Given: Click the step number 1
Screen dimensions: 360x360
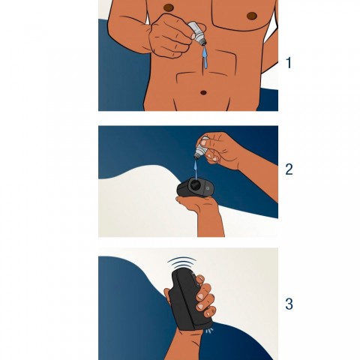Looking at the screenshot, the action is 289,63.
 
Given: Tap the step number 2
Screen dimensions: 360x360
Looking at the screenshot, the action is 289,169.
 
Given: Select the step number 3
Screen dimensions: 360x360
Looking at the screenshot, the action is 289,304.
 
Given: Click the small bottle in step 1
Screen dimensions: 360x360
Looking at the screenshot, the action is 196,34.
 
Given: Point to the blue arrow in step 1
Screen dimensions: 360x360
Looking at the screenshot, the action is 205,58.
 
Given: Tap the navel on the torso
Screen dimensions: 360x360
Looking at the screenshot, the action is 204,92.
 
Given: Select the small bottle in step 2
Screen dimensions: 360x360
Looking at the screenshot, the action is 201,148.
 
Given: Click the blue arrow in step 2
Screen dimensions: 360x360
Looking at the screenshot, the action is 196,170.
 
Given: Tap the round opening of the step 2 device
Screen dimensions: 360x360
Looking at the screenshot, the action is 194,184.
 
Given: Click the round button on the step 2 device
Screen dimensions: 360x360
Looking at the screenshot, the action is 208,188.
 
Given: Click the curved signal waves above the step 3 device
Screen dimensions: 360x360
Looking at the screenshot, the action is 182,261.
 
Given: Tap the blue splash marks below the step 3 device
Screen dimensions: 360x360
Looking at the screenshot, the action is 209,331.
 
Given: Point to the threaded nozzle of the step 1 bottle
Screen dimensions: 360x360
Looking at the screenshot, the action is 202,41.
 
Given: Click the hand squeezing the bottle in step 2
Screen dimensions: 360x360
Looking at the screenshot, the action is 220,149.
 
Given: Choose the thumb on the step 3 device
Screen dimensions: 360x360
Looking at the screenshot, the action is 167,295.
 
